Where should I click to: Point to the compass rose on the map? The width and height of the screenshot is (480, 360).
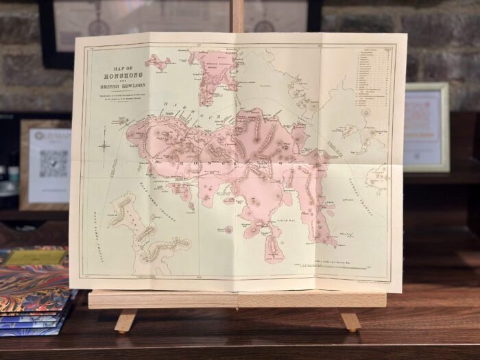pyautogui.click(x=104, y=145)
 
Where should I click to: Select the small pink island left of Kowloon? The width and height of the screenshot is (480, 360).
pyautogui.click(x=158, y=63)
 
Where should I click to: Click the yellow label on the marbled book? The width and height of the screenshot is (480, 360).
pyautogui.click(x=25, y=257)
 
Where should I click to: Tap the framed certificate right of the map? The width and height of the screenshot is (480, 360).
pyautogui.click(x=426, y=128)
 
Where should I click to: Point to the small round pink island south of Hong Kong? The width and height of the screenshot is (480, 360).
pyautogui.click(x=228, y=229)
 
